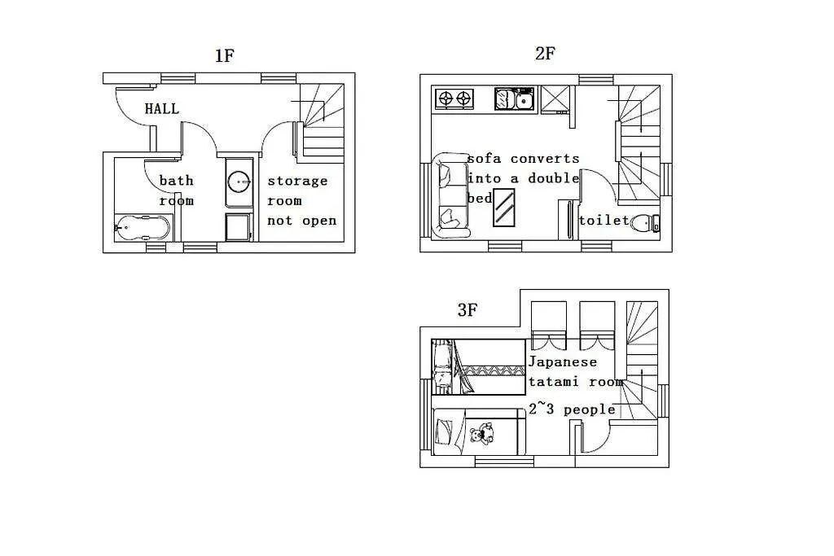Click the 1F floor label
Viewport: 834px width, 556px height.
225,55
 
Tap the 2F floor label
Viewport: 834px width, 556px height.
545,53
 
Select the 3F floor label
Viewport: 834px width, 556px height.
467,309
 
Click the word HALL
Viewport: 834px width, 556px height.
162,108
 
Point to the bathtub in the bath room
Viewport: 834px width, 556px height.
142,227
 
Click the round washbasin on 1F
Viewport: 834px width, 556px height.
239,182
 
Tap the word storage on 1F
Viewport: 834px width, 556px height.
297,182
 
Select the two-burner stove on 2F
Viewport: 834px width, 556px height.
454,99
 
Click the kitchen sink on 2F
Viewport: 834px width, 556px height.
515,99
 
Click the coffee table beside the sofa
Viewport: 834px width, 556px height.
503,208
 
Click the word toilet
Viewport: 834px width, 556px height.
604,220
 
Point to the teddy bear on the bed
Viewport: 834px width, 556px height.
482,433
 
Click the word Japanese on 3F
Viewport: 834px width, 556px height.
563,362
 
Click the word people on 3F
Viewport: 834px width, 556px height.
590,409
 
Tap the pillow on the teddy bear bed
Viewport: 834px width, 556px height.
445,431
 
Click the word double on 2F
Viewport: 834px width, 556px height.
553,178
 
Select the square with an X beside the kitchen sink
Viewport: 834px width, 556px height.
555,99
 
